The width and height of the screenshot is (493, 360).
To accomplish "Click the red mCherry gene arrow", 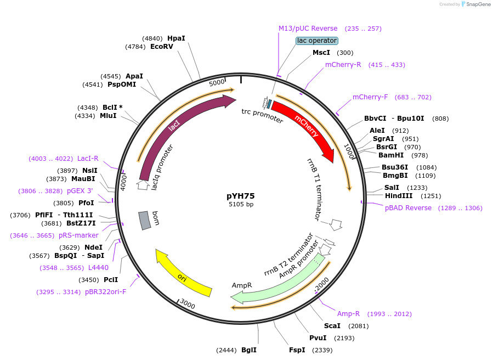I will [305, 127].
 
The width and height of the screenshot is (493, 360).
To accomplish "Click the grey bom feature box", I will [144, 220].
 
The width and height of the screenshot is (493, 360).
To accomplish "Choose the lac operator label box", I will [317, 41].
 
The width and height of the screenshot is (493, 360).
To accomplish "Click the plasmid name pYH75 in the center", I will [241, 195].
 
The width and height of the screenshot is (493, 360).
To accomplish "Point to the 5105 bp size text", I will [241, 204].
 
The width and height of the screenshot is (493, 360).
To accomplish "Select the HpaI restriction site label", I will [176, 38].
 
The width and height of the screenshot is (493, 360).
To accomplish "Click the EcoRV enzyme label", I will [162, 47].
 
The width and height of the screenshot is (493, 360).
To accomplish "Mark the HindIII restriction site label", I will [398, 196].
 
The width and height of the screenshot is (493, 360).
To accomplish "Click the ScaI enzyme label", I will [332, 326].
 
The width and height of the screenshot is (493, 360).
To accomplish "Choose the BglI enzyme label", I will [249, 350].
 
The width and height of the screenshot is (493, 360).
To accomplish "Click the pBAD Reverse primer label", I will [408, 208].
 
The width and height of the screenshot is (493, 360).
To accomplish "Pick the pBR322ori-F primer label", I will [105, 292].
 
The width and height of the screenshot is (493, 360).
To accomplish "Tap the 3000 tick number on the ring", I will [188, 304].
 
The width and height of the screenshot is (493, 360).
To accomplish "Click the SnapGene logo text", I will [476, 4].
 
